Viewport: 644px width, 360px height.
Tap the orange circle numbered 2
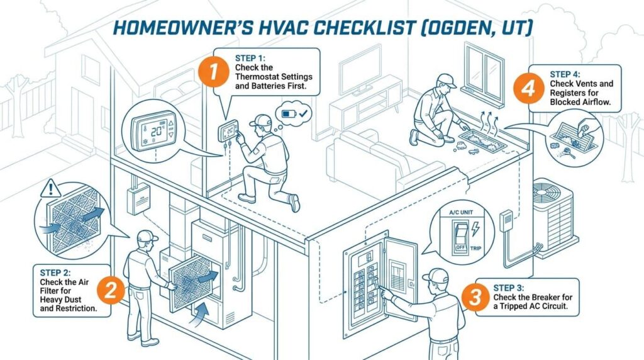click(x=111, y=290)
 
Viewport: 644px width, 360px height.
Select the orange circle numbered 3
click(x=475, y=296)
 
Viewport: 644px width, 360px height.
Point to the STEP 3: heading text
click(x=508, y=288)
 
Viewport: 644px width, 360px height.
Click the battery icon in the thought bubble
click(x=288, y=113)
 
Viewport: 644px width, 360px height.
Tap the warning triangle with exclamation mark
click(x=50, y=189)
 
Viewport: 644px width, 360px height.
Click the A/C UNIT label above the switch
click(x=461, y=213)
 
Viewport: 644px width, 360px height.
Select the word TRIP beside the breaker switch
click(x=475, y=248)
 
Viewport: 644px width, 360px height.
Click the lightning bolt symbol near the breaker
click(x=475, y=228)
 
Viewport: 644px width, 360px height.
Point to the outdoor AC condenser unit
click(x=555, y=218)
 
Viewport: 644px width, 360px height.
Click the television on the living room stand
click(x=360, y=70)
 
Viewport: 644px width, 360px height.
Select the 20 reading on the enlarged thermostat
click(x=157, y=131)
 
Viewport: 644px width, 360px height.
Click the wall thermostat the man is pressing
click(x=228, y=131)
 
